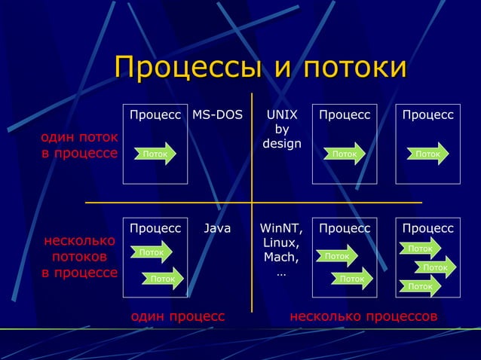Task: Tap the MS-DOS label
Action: click(x=217, y=116)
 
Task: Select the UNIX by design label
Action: click(x=282, y=130)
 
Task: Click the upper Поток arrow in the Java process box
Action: click(x=152, y=253)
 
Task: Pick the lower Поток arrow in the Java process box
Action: click(x=164, y=279)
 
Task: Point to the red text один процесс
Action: click(x=178, y=316)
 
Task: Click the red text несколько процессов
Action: click(x=363, y=316)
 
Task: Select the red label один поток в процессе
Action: click(x=78, y=146)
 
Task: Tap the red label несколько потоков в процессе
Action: click(x=78, y=257)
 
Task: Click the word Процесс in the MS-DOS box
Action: click(x=155, y=116)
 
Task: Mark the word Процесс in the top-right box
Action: click(x=427, y=116)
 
